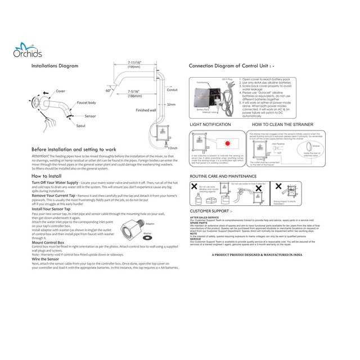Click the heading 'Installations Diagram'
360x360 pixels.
pos(55,66)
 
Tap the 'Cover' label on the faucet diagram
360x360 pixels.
pos(60,91)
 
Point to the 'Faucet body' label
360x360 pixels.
pos(86,103)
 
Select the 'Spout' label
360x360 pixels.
pos(81,126)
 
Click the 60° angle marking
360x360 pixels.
pos(108,90)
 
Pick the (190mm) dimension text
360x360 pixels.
pos(133,67)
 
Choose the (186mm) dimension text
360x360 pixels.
pos(134,96)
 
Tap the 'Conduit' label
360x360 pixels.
pos(172,90)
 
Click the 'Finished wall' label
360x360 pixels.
pos(146,110)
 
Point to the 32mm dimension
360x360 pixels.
pos(171,105)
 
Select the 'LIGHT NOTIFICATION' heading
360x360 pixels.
pos(210,124)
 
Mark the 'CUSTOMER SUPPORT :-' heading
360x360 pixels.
pos(211,211)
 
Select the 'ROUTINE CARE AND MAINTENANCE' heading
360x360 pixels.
pos(223,176)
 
